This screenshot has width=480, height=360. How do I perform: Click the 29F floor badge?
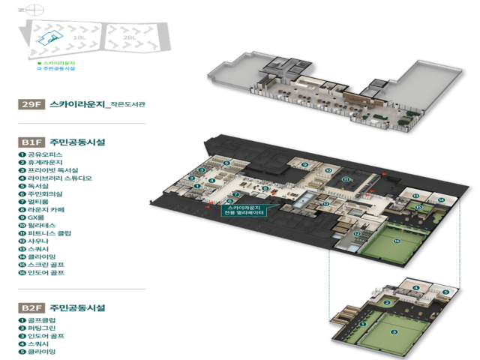point(32,105)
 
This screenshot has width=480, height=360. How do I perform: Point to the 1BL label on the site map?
point(78,37)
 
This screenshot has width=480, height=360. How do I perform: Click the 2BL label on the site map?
point(130,37)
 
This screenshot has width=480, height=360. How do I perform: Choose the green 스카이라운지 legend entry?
point(58,62)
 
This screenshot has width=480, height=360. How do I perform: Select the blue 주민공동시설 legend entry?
point(58,69)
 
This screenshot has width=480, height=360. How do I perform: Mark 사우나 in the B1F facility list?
point(42,241)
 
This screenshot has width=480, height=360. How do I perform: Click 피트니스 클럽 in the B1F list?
point(49,233)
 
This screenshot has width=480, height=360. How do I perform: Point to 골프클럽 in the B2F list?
point(43,320)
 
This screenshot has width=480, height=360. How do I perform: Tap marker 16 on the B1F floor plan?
point(397,241)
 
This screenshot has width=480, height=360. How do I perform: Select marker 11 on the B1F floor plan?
point(346,180)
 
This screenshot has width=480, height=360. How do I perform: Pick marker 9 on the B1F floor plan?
point(304,164)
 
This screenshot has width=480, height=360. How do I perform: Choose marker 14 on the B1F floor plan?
point(441,199)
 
